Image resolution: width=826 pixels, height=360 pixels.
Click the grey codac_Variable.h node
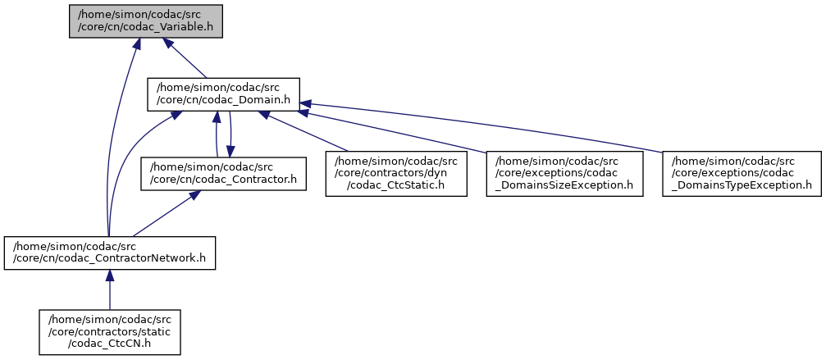click(x=146, y=19)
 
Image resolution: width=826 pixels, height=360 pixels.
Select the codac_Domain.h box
click(x=223, y=94)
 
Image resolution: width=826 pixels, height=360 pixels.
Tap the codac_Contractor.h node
click(x=223, y=174)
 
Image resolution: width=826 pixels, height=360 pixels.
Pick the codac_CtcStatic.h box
click(x=396, y=174)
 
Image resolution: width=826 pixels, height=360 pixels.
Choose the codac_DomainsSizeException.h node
click(x=565, y=174)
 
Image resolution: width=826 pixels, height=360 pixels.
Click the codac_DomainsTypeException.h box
click(x=742, y=174)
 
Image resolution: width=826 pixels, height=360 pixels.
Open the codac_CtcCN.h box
click(x=110, y=332)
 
